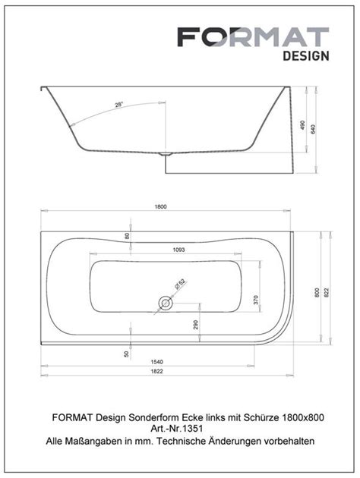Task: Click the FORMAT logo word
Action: click(x=253, y=37)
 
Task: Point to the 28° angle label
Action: click(x=118, y=104)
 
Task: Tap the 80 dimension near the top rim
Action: click(x=128, y=235)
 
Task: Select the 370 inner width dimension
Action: click(x=255, y=299)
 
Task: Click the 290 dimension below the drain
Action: click(x=196, y=325)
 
